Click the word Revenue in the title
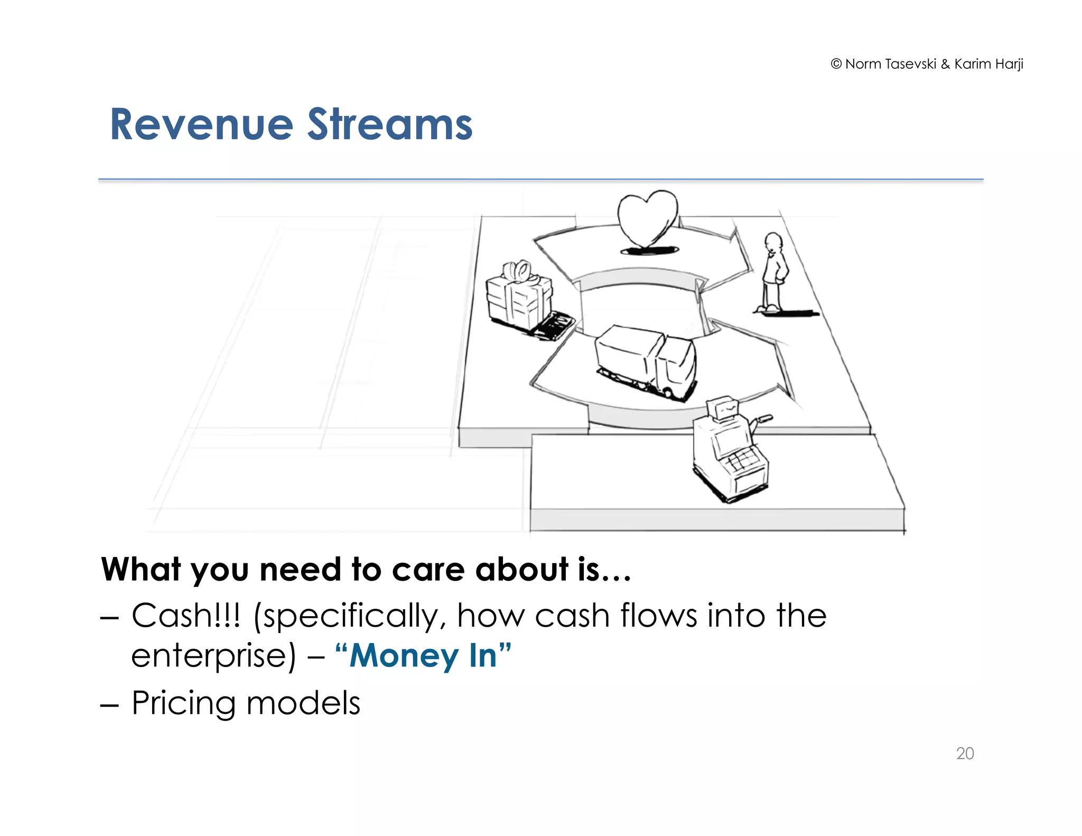coord(201,125)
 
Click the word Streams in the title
coord(389,125)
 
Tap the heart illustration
coord(648,217)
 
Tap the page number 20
coord(965,753)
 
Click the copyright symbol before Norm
coord(836,64)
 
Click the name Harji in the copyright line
coord(1009,64)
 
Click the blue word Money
coord(404,656)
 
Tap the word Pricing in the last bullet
coord(183,703)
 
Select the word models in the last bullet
coord(303,703)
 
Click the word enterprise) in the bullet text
coord(213,657)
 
